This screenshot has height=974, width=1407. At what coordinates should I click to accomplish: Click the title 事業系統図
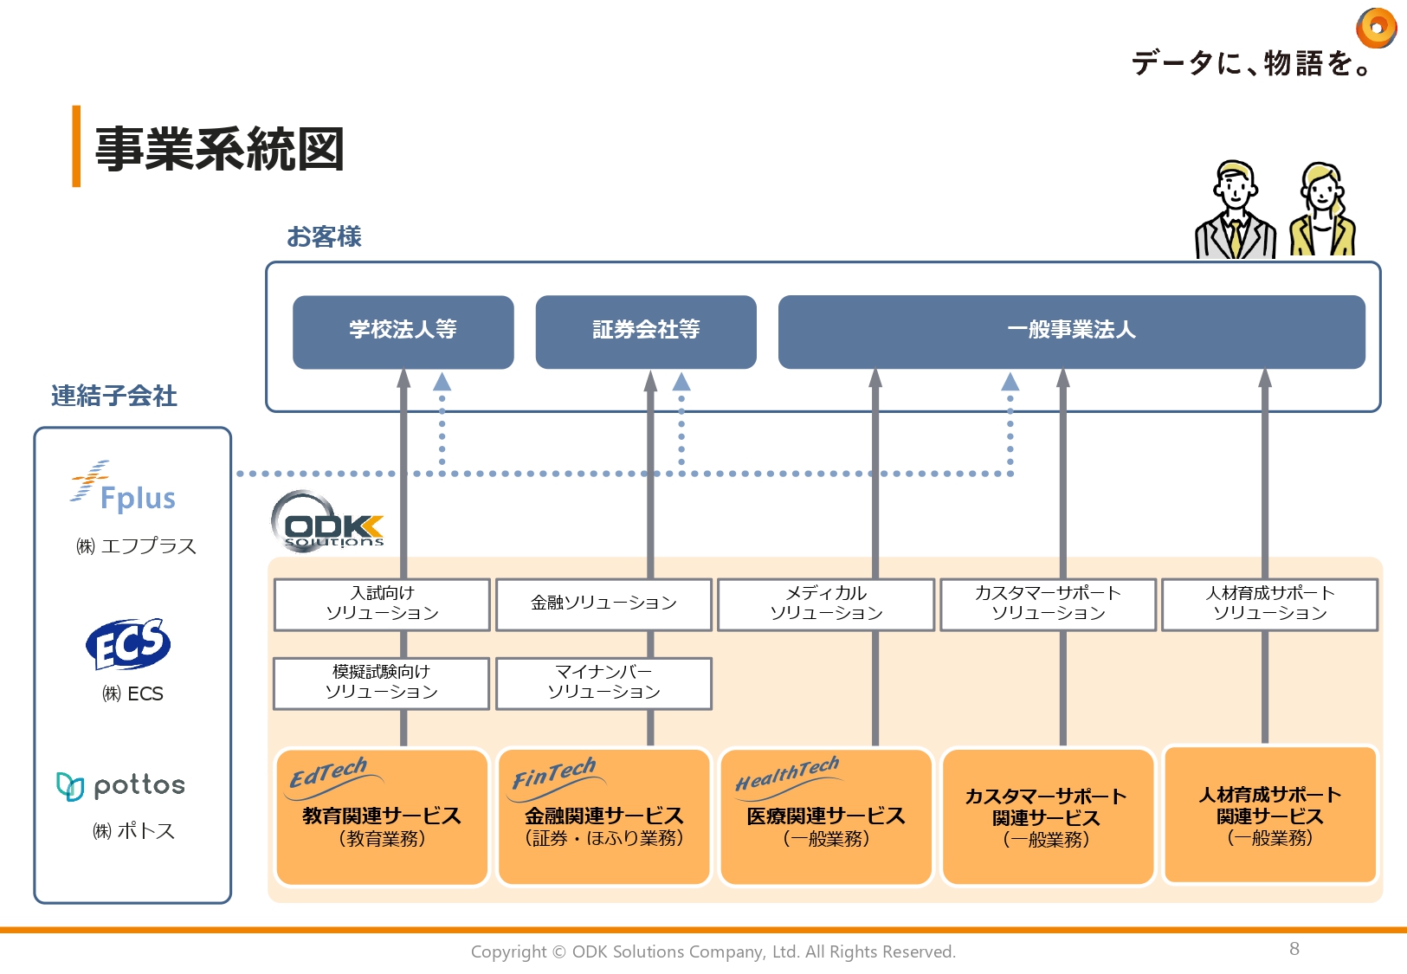tap(219, 149)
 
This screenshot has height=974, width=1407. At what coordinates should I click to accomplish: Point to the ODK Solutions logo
tap(329, 522)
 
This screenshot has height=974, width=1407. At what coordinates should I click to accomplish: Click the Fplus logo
tap(125, 488)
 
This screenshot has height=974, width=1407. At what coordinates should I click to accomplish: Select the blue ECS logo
tap(128, 644)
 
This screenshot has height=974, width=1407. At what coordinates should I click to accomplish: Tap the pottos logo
tap(121, 785)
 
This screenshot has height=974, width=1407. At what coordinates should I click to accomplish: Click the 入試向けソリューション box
tap(382, 603)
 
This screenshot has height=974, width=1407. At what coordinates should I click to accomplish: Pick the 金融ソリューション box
tap(603, 603)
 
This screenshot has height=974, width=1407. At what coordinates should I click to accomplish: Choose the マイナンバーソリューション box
tap(603, 683)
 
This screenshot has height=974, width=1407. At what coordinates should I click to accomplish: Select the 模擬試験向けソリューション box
tap(382, 683)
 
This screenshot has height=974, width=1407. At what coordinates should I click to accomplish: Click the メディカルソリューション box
tap(826, 603)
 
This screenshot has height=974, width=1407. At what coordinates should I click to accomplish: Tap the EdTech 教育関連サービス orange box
tap(382, 816)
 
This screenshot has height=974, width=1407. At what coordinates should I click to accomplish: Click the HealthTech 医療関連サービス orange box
tap(826, 816)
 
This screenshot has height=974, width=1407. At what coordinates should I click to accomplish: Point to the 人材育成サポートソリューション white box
tap(1269, 603)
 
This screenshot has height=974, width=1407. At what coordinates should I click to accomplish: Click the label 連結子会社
tap(113, 396)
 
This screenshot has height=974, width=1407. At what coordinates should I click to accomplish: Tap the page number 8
tap(1294, 949)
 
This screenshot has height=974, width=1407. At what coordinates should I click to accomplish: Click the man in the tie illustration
tap(1235, 210)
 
